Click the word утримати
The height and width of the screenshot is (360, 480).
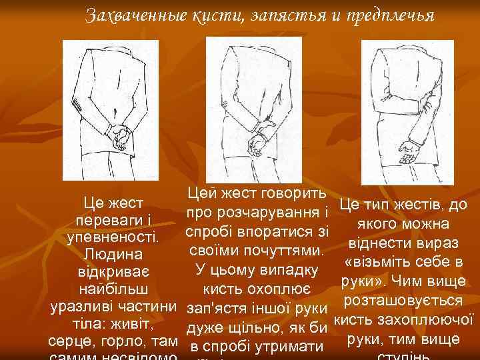pyautogui.click(x=289, y=346)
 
